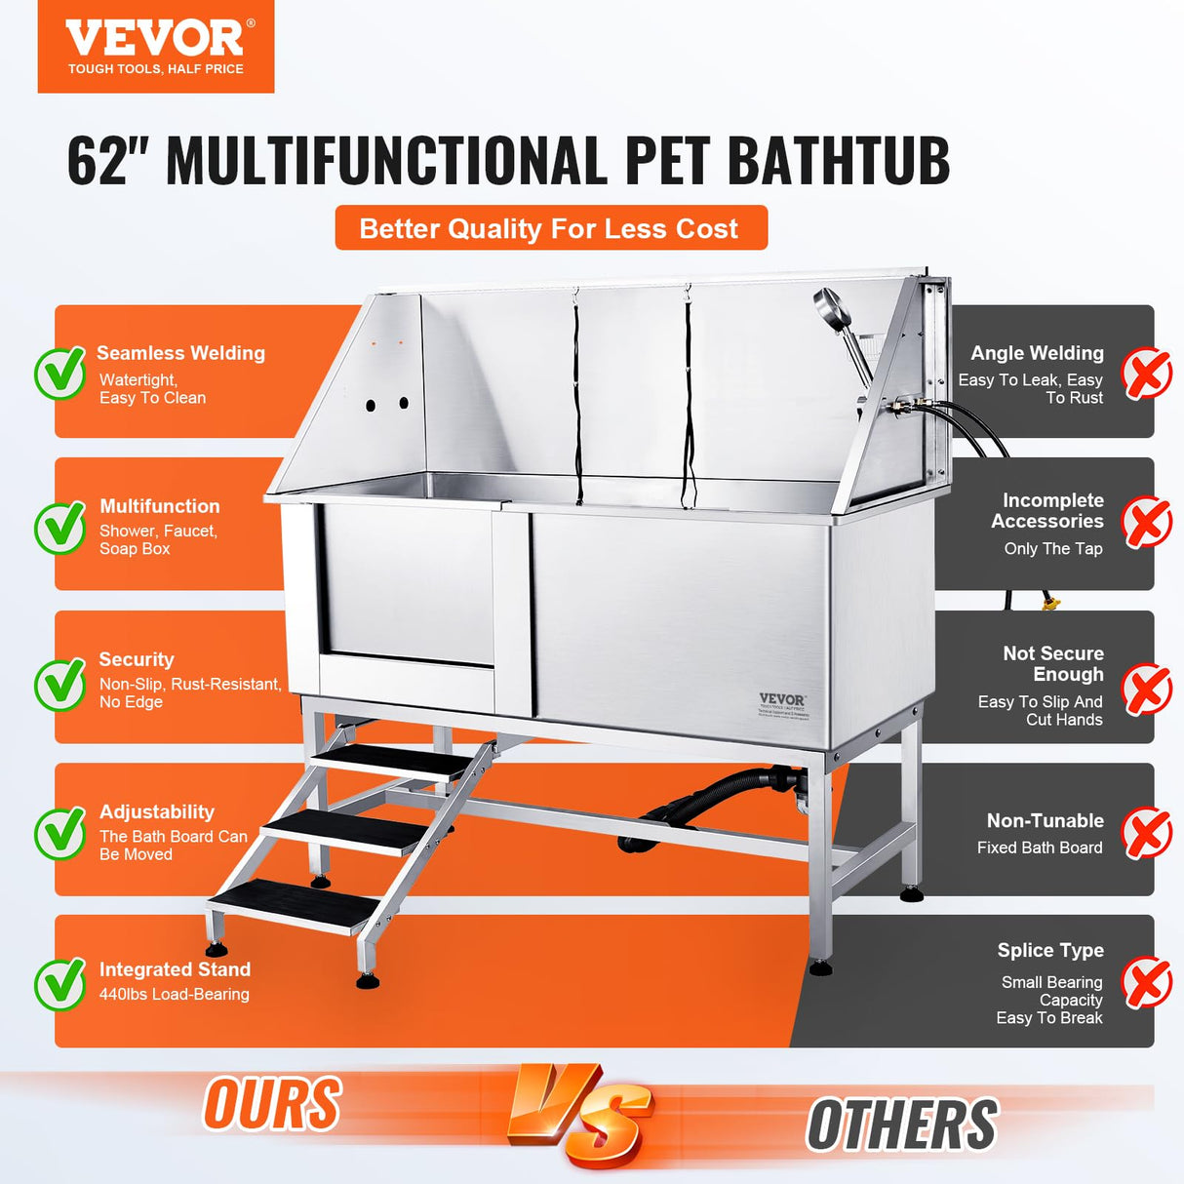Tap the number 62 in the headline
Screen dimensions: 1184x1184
coord(99,161)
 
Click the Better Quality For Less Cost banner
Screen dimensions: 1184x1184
coord(551,228)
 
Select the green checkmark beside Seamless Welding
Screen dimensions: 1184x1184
coord(60,373)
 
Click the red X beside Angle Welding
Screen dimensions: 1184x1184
coord(1146,374)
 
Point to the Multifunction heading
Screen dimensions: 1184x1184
coord(160,506)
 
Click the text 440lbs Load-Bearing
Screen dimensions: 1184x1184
coord(175,995)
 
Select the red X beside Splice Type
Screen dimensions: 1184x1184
coord(1146,982)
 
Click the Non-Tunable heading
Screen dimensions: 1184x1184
coord(1045,821)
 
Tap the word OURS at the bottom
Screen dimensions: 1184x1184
coord(272,1104)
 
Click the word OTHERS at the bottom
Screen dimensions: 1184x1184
coord(902,1125)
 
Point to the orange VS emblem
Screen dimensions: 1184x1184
coord(579,1115)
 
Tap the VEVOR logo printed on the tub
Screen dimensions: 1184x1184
coord(782,700)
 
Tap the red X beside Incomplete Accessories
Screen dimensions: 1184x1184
coord(1146,523)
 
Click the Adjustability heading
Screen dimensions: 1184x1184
coord(157,812)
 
